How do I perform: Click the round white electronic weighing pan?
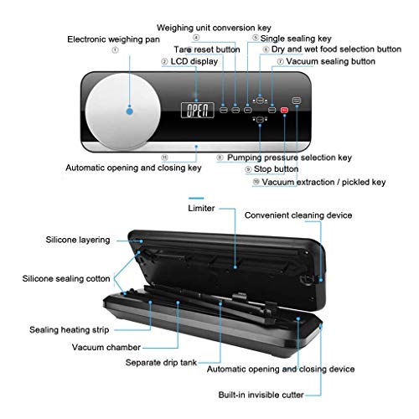(x=123, y=112)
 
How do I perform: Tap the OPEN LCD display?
(x=198, y=110)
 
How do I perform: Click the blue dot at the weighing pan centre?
(x=130, y=111)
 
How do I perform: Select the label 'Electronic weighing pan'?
(x=113, y=39)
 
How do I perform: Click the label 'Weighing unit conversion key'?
(x=214, y=28)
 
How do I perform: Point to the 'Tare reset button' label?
(x=207, y=49)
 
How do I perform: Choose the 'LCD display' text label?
(x=194, y=61)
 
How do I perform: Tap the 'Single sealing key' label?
(x=296, y=39)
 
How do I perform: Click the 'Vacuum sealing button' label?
(x=330, y=61)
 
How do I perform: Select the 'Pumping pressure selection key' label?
(x=289, y=158)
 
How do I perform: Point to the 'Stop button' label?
(x=276, y=169)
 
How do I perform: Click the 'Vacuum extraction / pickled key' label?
(x=323, y=182)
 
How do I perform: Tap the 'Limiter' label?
(x=201, y=208)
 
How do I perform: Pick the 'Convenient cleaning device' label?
(x=298, y=215)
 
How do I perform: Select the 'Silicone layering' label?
(x=78, y=240)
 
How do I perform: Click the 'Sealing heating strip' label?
(x=70, y=330)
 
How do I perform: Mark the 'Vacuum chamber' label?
(x=106, y=347)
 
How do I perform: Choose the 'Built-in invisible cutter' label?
(x=261, y=395)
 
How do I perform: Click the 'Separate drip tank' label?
(x=161, y=363)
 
